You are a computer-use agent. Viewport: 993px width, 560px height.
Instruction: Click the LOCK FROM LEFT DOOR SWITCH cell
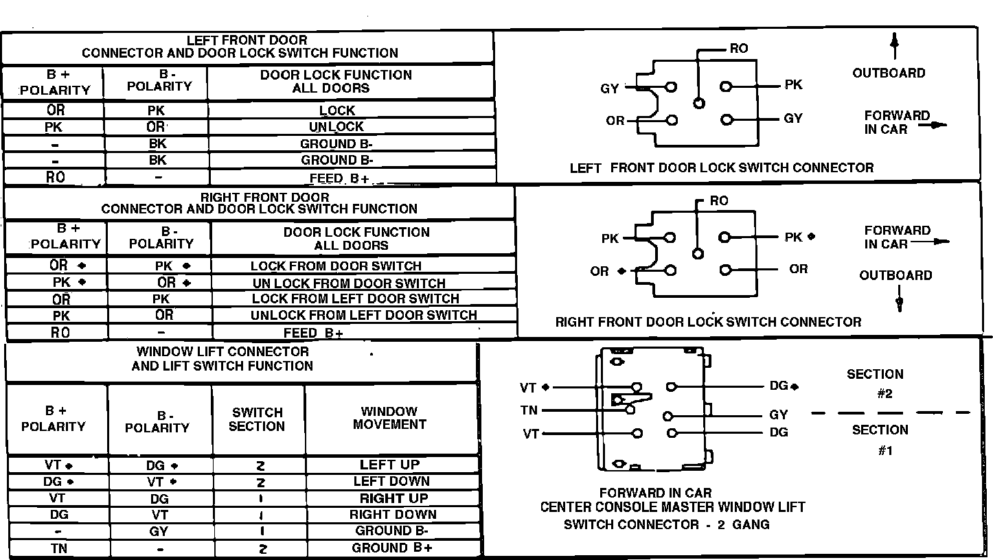[355, 299]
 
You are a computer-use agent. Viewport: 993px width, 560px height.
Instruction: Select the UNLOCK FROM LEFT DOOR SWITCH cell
[363, 315]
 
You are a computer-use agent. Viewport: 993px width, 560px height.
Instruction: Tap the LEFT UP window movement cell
[389, 465]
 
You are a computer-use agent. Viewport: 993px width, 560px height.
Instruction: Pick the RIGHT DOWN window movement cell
[393, 514]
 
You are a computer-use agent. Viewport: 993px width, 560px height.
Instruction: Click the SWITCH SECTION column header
[257, 419]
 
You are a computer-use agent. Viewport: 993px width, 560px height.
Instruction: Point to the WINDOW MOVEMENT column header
[389, 418]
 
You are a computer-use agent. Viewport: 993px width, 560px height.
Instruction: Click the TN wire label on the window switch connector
[529, 410]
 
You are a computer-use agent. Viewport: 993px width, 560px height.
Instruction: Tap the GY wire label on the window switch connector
[779, 415]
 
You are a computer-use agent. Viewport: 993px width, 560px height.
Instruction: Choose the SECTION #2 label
[875, 384]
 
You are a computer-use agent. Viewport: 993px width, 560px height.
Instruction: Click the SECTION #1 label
[880, 440]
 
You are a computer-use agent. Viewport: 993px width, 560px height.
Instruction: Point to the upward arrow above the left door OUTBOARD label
[894, 47]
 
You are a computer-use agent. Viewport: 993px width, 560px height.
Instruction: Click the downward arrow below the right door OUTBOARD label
[899, 301]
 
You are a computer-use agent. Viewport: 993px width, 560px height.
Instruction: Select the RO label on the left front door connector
[739, 49]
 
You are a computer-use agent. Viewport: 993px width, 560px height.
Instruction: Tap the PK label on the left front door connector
[793, 85]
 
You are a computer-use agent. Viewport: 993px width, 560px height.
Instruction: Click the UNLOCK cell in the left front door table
[336, 126]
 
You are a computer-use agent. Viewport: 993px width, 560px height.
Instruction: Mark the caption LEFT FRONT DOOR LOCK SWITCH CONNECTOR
[722, 167]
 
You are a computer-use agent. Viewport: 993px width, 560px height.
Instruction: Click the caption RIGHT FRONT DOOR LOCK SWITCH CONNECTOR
[708, 321]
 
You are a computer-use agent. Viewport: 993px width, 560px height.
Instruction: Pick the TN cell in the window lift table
[59, 548]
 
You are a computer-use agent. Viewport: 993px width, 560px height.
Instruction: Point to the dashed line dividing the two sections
[891, 412]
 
